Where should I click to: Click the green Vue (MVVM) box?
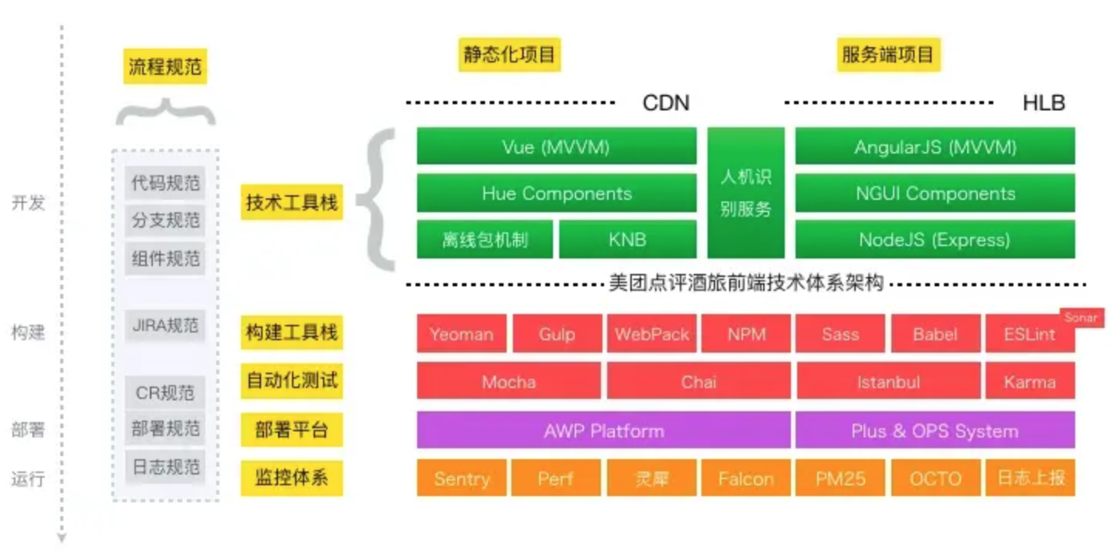tap(556, 147)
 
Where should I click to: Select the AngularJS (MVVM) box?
tap(935, 147)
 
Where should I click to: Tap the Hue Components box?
tap(556, 193)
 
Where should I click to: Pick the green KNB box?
tap(626, 239)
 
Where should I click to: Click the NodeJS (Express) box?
tap(935, 239)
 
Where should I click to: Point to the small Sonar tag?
tap(1081, 317)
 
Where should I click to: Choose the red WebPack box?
tap(652, 334)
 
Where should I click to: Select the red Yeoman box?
tap(461, 334)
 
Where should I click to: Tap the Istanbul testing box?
tap(888, 381)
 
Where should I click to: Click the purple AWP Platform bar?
tap(603, 431)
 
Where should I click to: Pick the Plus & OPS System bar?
tap(935, 431)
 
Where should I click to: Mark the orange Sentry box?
tap(461, 478)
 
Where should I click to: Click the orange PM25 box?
tap(840, 478)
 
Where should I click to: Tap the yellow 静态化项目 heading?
tap(509, 55)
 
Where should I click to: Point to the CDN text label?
tap(665, 103)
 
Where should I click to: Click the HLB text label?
tap(1044, 103)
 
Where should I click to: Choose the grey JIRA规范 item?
tap(165, 325)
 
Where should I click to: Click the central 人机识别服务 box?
tap(745, 193)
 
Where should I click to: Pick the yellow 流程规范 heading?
tap(165, 66)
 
